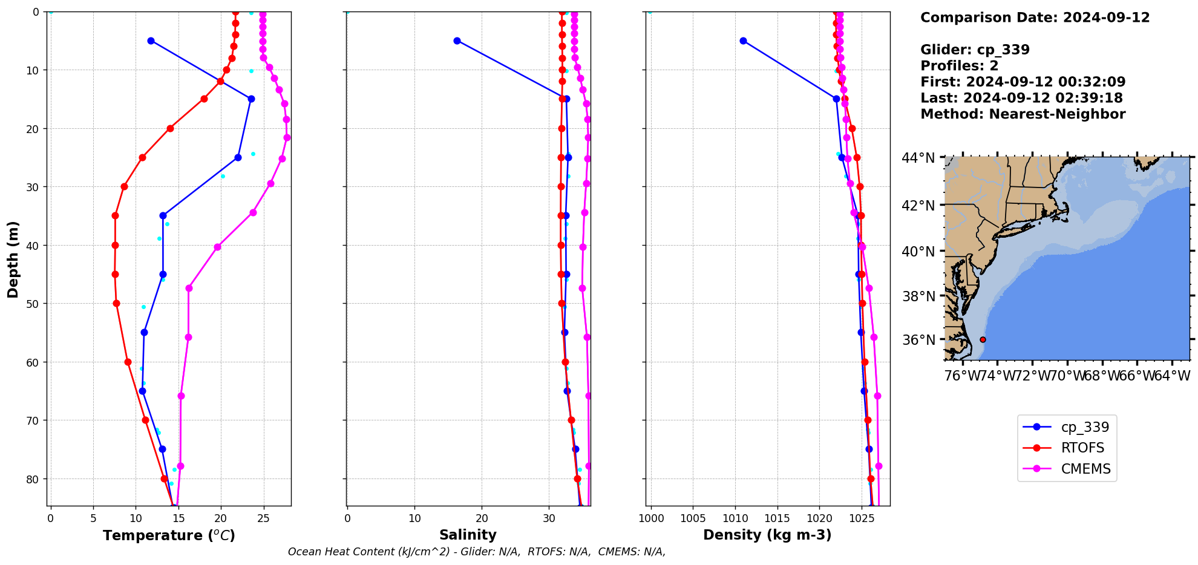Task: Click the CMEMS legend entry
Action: (1085, 469)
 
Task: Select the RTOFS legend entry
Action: (1082, 448)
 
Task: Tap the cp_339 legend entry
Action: (1085, 427)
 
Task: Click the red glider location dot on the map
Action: (983, 339)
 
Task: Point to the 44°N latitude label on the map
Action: (918, 158)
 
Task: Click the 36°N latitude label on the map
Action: (918, 340)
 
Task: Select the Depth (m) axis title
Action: (13, 259)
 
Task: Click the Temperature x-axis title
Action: (169, 535)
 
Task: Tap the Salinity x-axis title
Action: (468, 535)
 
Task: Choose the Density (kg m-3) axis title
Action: (767, 535)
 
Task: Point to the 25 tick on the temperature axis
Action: (263, 518)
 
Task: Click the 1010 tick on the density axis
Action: (735, 518)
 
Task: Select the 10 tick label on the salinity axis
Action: (414, 518)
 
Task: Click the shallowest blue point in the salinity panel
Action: (457, 41)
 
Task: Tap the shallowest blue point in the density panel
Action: (743, 41)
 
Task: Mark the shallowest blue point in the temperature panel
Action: (151, 41)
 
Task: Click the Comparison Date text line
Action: (1035, 18)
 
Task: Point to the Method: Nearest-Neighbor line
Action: (1023, 114)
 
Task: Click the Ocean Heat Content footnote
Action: (477, 552)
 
